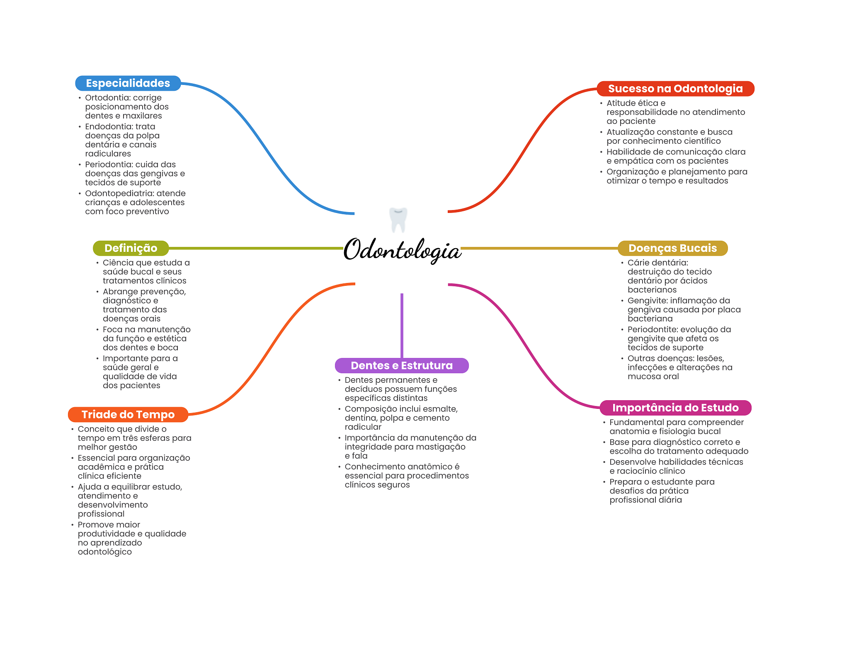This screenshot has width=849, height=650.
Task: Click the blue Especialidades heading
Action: tap(128, 83)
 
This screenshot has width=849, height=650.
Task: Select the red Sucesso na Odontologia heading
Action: tap(675, 89)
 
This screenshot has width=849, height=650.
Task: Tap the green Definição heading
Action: tap(131, 248)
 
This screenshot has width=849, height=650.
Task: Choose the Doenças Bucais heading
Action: tap(672, 248)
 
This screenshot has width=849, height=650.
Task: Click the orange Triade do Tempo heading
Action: tap(128, 414)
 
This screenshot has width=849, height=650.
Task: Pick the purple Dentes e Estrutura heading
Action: tap(401, 365)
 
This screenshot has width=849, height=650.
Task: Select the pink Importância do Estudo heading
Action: tap(675, 408)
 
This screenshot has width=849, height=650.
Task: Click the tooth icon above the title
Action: tap(398, 220)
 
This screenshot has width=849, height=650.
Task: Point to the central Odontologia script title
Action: tap(402, 250)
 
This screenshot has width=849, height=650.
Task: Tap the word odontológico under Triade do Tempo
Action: tap(104, 552)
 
